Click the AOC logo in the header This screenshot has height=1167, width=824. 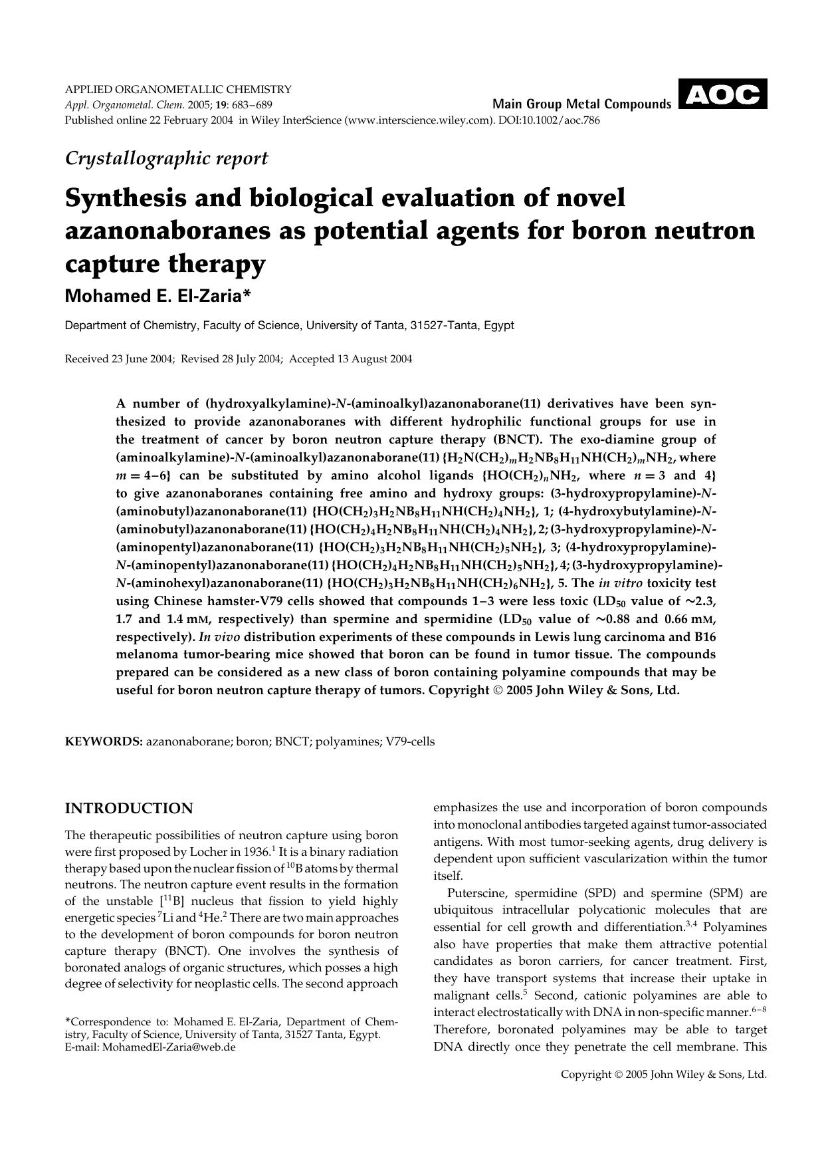click(722, 94)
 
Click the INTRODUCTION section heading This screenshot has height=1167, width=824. click(128, 809)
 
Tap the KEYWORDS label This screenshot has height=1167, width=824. click(103, 741)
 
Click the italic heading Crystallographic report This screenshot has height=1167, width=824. click(166, 158)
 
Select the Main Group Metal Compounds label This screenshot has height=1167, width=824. click(581, 104)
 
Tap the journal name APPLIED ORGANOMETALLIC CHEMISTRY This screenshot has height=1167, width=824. click(177, 89)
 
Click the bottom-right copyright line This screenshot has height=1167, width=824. click(663, 1074)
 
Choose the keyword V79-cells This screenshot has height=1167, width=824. click(410, 741)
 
